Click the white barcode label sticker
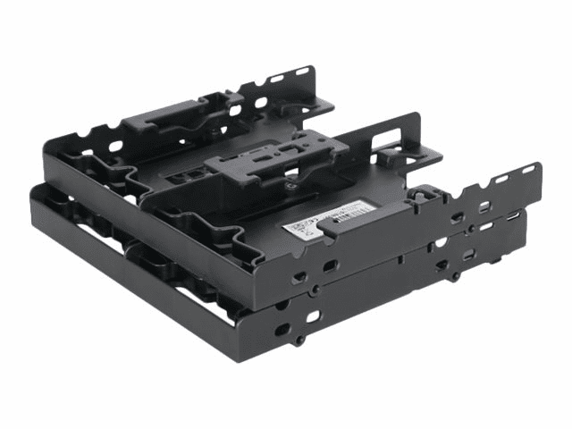pos(329,218)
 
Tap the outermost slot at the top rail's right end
pos(528,170)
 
